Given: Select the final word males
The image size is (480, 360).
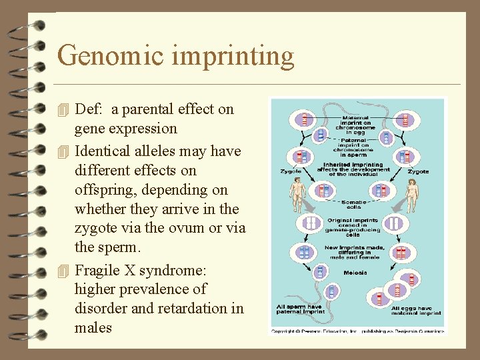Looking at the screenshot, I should coord(93,328).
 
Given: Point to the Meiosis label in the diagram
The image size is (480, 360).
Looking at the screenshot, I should coord(355,273).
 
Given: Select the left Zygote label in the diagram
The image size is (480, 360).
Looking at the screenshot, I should coord(291,171).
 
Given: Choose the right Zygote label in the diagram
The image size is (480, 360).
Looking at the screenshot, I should coord(418,171).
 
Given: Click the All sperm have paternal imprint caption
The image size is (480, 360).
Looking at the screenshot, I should coord(300,309).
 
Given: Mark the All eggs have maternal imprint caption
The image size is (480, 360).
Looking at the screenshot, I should coord(416,309).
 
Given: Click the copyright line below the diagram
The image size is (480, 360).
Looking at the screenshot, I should coord(357,330).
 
